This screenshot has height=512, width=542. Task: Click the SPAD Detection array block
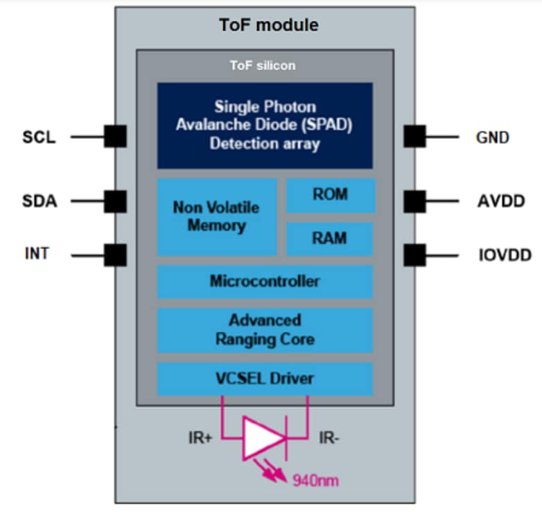coord(265,126)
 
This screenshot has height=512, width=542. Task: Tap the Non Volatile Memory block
coord(216,216)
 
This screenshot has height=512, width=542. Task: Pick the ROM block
coord(329,195)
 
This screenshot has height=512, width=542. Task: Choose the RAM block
coord(329,239)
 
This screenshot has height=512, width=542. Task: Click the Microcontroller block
coord(265,282)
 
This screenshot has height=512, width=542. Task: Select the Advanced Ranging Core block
coord(265,330)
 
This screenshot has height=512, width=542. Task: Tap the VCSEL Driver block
coord(265,379)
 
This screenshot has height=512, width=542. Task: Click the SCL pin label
coord(37,137)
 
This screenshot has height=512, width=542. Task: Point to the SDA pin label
coord(39,202)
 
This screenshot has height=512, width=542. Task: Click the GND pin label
coord(493,137)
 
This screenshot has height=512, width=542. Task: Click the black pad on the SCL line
coord(115,136)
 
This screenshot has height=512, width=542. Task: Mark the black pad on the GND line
coord(414,136)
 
